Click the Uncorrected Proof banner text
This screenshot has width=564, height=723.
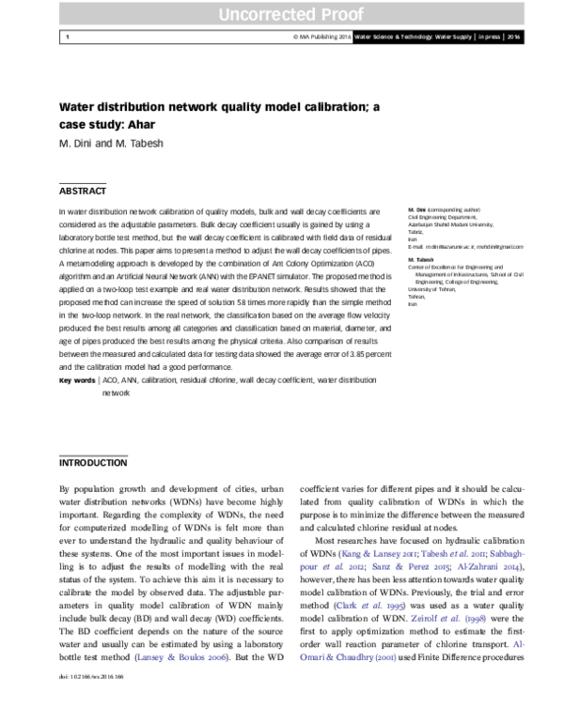[282, 14]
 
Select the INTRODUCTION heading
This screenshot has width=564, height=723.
[93, 464]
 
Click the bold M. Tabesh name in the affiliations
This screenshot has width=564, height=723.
[420, 258]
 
